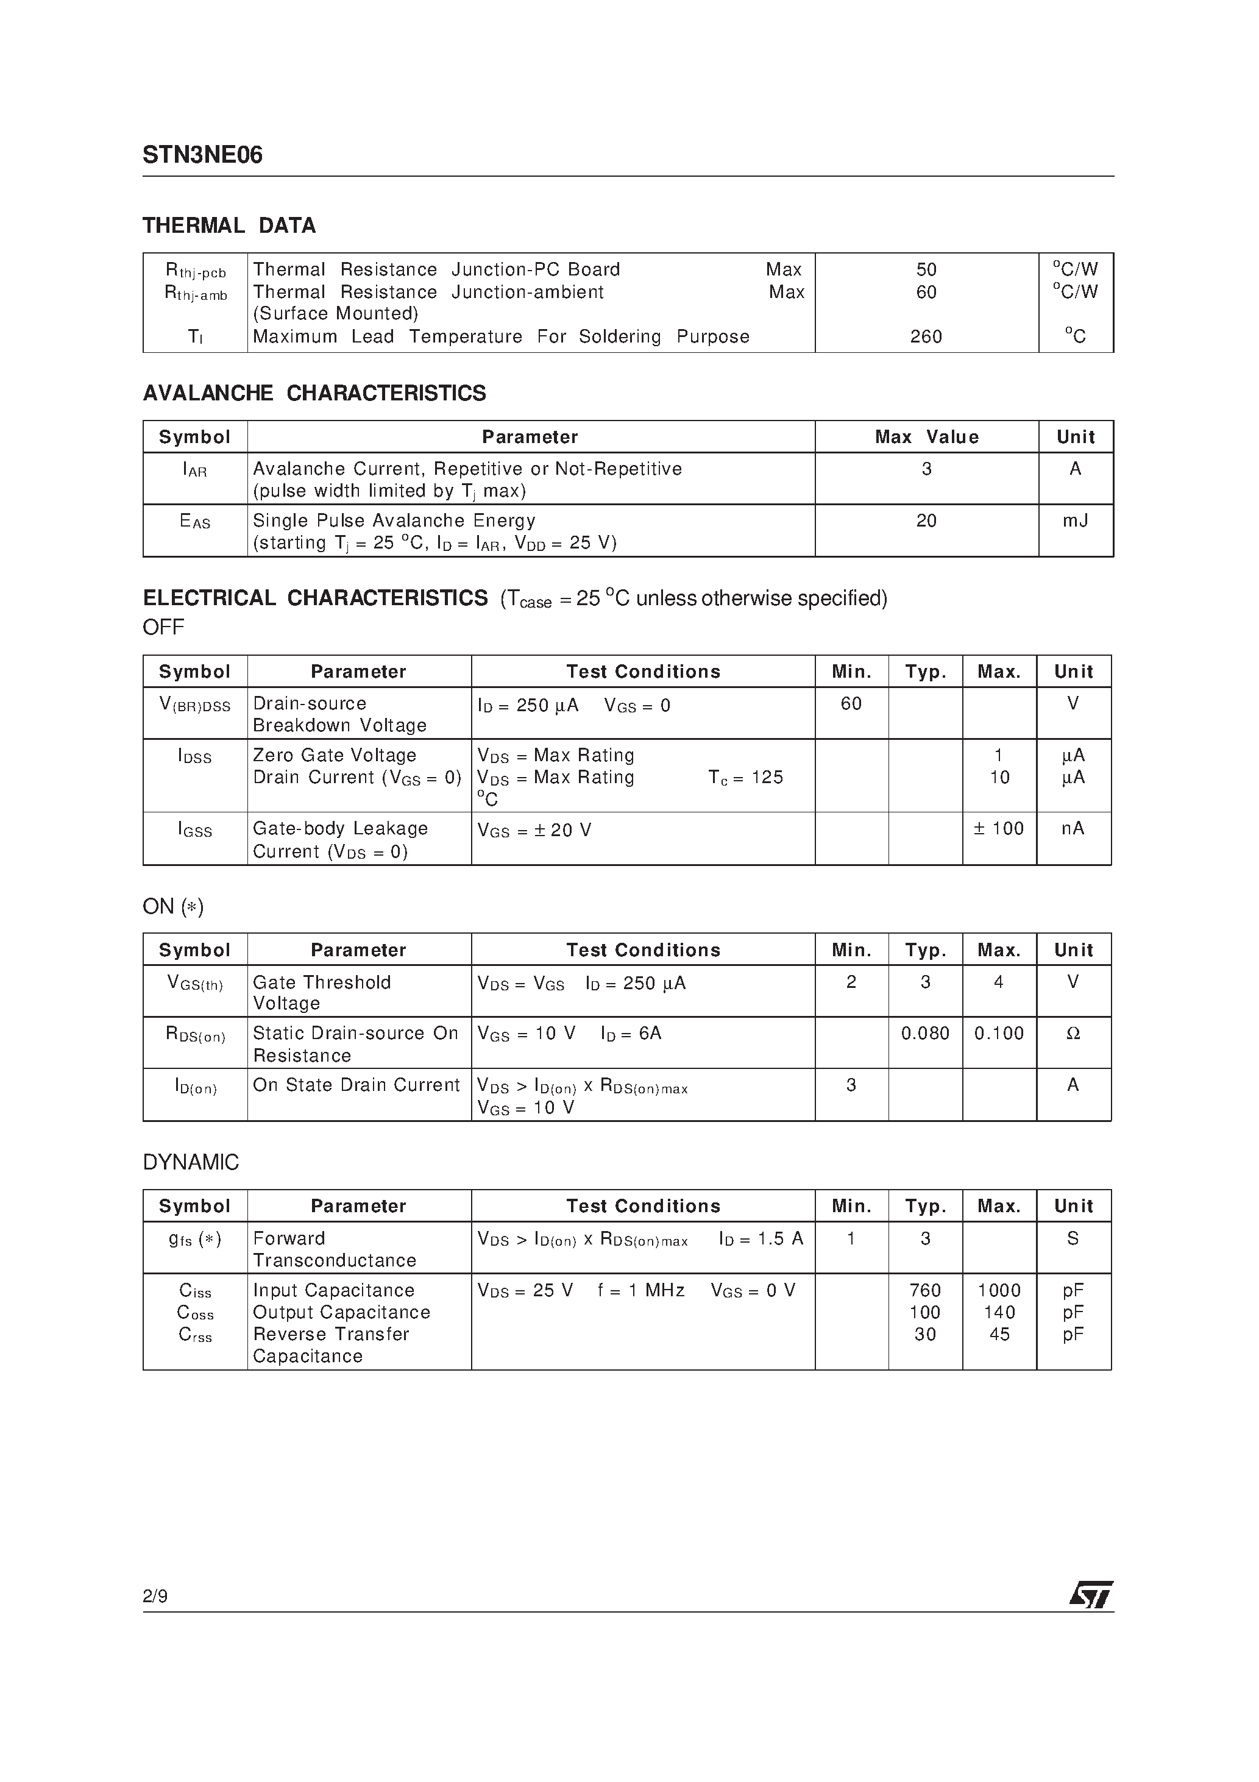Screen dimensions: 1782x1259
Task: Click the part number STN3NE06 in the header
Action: pos(202,155)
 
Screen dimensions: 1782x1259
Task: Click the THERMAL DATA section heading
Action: pos(229,226)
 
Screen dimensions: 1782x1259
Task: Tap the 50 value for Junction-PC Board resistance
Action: pos(926,269)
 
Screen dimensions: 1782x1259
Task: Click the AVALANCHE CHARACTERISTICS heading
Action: pos(314,394)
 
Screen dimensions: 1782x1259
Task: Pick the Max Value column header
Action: pos(926,437)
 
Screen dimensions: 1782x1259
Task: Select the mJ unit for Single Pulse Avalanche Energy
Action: pos(1075,521)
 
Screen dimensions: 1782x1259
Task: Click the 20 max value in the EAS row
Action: pos(926,521)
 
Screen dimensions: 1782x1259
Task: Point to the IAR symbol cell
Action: pos(195,469)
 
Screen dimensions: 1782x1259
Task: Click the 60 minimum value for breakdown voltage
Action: pos(851,703)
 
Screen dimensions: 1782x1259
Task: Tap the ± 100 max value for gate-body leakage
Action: pos(999,829)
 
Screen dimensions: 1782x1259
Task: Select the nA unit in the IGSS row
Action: pos(1073,829)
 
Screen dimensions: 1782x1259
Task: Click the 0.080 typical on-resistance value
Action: pos(925,1034)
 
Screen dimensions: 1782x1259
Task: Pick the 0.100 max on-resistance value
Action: pos(999,1034)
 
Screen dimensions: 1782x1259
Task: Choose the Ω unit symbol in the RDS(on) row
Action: pos(1073,1034)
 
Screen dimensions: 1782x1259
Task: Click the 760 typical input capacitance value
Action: pos(925,1291)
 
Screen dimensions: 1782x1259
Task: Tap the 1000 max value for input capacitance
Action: pos(999,1291)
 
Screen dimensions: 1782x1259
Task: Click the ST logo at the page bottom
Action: pos(1091,1595)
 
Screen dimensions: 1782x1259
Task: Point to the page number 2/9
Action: pos(155,1597)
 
